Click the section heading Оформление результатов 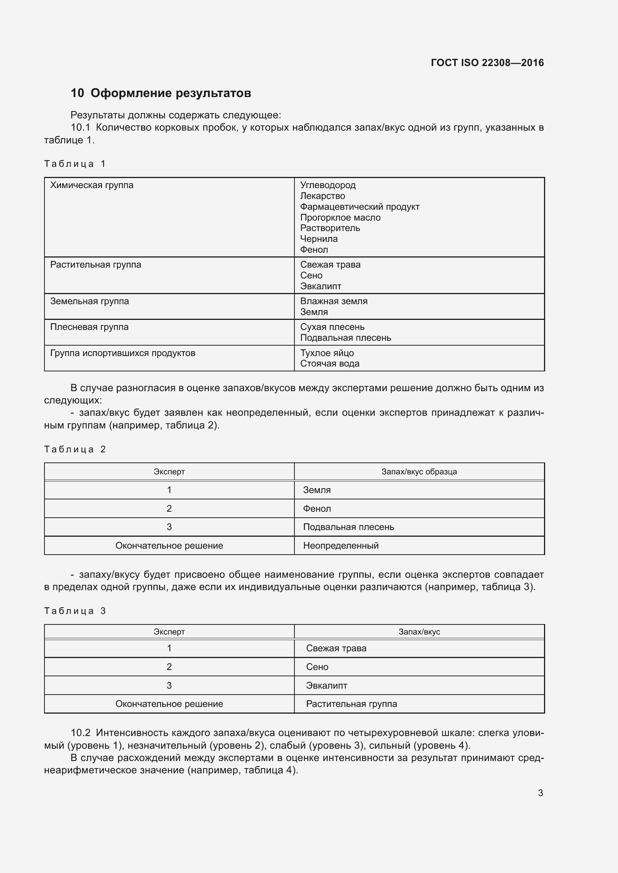tap(170, 93)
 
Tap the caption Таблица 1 tap(75, 164)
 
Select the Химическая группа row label tap(92, 185)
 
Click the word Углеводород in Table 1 tap(328, 185)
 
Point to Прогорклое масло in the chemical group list tap(340, 218)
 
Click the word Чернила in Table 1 tap(318, 239)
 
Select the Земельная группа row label tap(89, 301)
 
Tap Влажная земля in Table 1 tap(334, 301)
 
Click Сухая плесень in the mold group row tap(332, 327)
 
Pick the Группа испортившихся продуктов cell tap(123, 353)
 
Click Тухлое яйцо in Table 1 tap(327, 353)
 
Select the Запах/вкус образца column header tap(419, 471)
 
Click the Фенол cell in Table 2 tap(317, 508)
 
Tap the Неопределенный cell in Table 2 tap(341, 545)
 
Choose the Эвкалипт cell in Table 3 tap(327, 685)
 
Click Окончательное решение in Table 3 tap(169, 704)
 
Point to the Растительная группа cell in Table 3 tap(351, 704)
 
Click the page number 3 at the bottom tap(540, 793)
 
